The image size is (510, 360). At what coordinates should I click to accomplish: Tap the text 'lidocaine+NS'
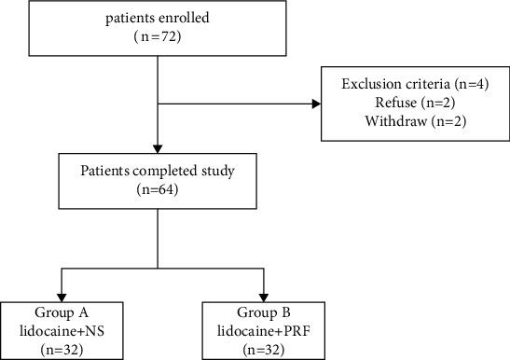[61, 328]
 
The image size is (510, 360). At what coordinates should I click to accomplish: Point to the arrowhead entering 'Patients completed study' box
[159, 148]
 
